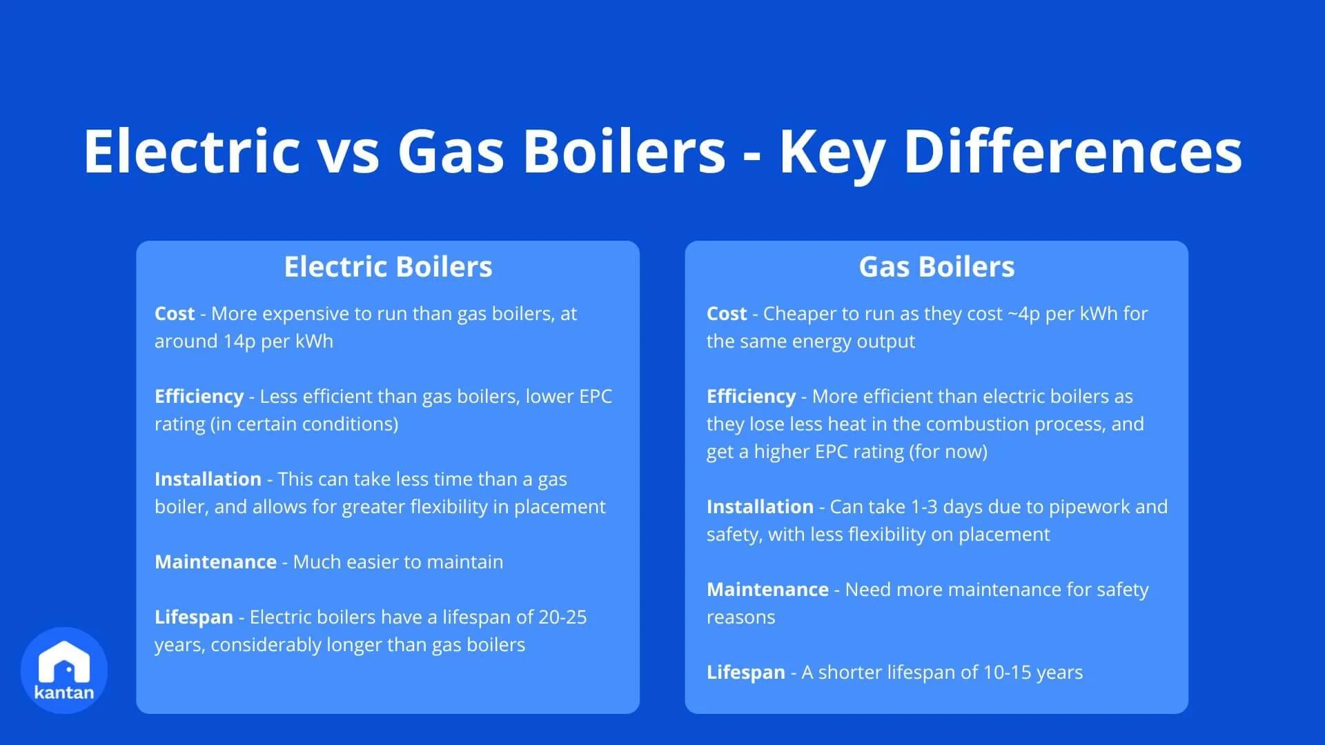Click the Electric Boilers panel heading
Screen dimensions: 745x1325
388,267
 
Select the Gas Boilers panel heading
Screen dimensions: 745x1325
936,267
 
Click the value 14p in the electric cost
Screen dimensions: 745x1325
239,341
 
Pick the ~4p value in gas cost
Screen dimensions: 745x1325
1024,314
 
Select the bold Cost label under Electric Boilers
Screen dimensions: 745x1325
175,314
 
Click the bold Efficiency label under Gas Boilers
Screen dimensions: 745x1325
751,397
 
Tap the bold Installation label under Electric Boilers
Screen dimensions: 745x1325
208,479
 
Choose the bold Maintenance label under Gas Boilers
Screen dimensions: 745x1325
767,590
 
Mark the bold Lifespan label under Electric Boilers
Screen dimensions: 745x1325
194,617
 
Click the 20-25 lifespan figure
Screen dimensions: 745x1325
562,617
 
